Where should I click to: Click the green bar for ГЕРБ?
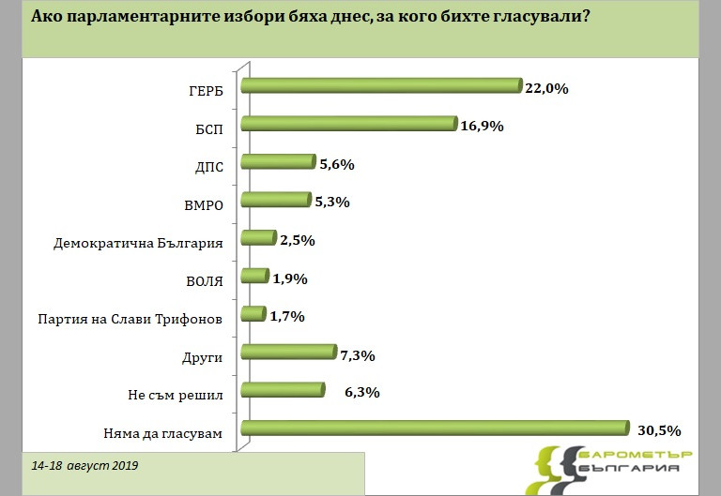click(x=380, y=86)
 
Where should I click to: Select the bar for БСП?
click(x=348, y=125)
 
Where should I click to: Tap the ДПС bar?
click(x=278, y=162)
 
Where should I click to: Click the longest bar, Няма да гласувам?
click(x=434, y=428)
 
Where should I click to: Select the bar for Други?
click(x=288, y=353)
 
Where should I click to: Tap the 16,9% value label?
click(x=483, y=127)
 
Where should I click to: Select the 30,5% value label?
click(x=657, y=430)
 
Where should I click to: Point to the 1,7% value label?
click(x=288, y=317)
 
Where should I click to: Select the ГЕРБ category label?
click(x=205, y=92)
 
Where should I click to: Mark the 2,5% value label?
click(x=297, y=241)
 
